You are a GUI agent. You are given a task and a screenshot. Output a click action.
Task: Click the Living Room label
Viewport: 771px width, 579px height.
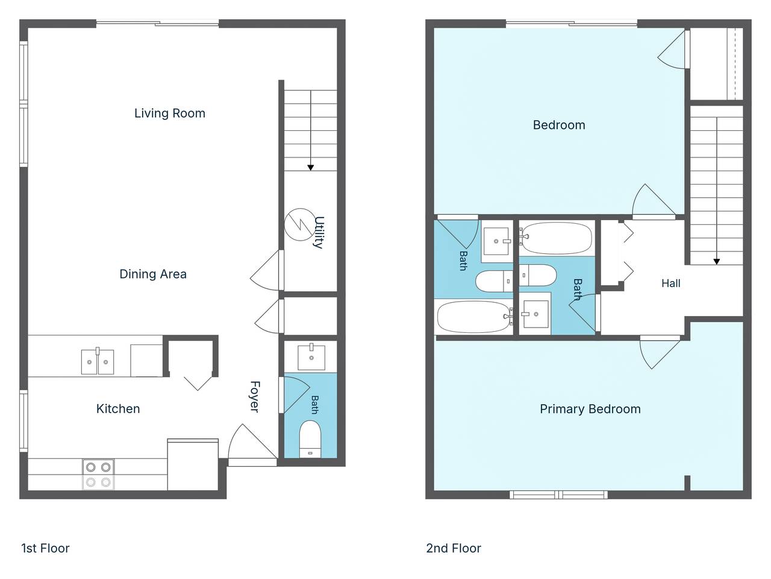[x=170, y=113]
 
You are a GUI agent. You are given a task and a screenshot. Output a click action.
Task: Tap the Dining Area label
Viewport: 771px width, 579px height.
[x=153, y=274]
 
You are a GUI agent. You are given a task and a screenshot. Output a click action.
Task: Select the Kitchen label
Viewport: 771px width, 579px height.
[x=118, y=408]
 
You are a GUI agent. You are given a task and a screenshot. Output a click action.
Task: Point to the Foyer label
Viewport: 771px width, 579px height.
[x=255, y=396]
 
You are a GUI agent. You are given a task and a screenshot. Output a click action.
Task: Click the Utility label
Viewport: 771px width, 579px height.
[x=319, y=232]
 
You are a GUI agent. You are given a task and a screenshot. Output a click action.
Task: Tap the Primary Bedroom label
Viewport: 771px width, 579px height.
[x=590, y=409]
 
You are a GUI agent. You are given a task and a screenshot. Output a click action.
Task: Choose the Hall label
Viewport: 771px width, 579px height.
[x=670, y=283]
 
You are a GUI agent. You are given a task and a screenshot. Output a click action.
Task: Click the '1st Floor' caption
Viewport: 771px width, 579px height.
[x=45, y=548]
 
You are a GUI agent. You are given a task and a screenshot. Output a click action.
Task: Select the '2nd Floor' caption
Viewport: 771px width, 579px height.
[x=454, y=548]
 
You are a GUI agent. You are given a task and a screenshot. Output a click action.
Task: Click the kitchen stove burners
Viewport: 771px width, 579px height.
[x=98, y=475]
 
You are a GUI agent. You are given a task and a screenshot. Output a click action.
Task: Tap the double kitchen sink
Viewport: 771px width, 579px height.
[x=98, y=361]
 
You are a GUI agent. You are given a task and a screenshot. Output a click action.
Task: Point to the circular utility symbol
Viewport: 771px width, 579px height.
[x=299, y=224]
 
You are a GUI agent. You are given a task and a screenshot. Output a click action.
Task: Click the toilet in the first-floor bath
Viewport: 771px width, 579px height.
[x=310, y=440]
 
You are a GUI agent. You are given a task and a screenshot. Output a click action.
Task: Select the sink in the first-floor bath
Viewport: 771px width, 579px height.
[x=311, y=357]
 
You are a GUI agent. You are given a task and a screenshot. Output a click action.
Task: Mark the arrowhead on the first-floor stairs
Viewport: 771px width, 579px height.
[x=310, y=168]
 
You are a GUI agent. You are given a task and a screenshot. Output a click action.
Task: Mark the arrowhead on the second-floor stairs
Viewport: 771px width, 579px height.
[x=717, y=262]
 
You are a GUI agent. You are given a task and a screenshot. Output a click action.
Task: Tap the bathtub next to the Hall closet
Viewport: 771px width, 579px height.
[x=556, y=238]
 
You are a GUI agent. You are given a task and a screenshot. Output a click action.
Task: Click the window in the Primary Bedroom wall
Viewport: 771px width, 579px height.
[x=558, y=495]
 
